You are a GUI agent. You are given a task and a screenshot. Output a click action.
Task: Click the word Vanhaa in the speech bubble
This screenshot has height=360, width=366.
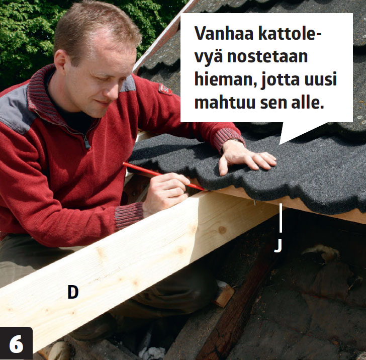pyautogui.click(x=224, y=33)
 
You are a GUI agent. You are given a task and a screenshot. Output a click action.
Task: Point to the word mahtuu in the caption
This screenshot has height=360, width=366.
pyautogui.click(x=225, y=102)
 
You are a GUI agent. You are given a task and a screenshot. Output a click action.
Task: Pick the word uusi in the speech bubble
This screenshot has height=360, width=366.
pyautogui.click(x=320, y=79)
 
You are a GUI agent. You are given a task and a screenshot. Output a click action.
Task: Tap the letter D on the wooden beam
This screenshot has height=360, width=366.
pyautogui.click(x=73, y=292)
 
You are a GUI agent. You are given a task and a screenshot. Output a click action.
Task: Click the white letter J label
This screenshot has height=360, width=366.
pyautogui.click(x=278, y=246)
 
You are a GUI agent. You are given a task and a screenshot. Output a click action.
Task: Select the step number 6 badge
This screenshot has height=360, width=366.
pyautogui.click(x=16, y=343)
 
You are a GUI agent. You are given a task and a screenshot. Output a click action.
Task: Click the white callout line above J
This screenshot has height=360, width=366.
pyautogui.click(x=281, y=218)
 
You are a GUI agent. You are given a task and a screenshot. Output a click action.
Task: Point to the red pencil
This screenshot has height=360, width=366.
pyautogui.click(x=164, y=176)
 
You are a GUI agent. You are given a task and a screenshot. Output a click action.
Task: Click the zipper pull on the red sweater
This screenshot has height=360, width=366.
pyautogui.click(x=87, y=143)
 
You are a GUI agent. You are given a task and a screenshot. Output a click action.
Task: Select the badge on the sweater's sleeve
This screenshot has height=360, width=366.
pyautogui.click(x=165, y=89)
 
